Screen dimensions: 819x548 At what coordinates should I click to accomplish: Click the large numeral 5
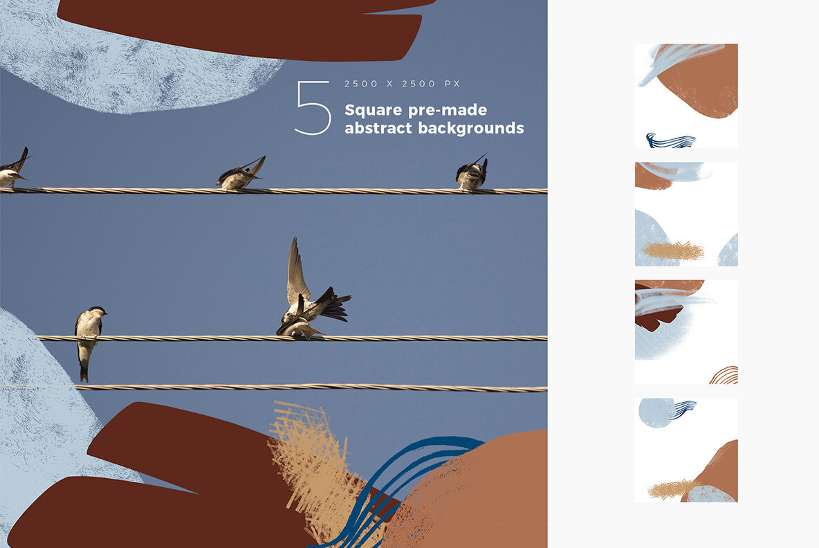click(x=313, y=107)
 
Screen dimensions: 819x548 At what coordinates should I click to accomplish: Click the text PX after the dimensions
click(x=452, y=84)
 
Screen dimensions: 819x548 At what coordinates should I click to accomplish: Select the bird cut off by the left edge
click(x=14, y=168)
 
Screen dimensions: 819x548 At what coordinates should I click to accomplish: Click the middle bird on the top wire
click(x=241, y=174)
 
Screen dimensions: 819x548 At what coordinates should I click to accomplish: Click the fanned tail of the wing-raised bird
click(x=334, y=304)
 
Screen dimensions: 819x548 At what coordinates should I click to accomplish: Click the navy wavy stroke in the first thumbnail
click(x=671, y=140)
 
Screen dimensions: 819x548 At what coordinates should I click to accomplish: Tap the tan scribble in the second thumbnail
click(x=673, y=251)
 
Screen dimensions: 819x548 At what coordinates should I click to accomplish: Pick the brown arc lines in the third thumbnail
click(x=725, y=375)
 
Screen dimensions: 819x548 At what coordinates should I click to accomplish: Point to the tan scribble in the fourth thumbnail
click(x=671, y=489)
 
